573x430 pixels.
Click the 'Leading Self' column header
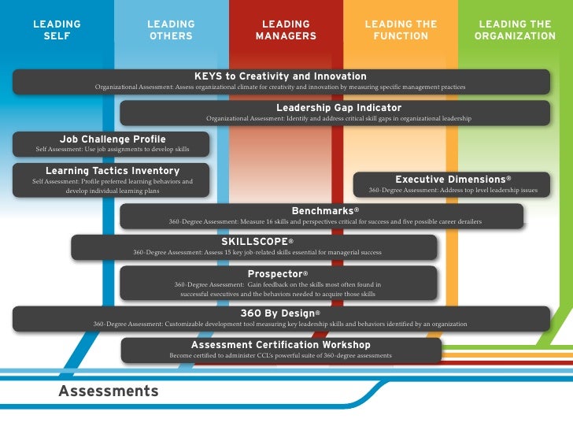point(57,31)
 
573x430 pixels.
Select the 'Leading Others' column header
point(171,31)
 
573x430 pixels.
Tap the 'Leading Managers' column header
point(286,31)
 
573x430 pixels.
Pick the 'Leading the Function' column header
point(401,31)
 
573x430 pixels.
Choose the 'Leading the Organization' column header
point(516,31)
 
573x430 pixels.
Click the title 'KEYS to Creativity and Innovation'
point(280,76)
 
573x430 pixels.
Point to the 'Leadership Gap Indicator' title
point(338,108)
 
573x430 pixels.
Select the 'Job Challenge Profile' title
point(102,139)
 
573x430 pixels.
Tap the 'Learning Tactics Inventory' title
point(113,170)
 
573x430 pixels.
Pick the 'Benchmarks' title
point(325,211)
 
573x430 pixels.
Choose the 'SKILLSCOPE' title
point(257,241)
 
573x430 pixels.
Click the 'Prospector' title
point(278,273)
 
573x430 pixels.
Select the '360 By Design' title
point(281,313)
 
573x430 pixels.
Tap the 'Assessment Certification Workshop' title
point(281,345)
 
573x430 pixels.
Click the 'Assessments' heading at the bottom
point(108,391)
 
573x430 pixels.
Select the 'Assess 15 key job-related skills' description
point(257,252)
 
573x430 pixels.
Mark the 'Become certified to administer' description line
point(281,355)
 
